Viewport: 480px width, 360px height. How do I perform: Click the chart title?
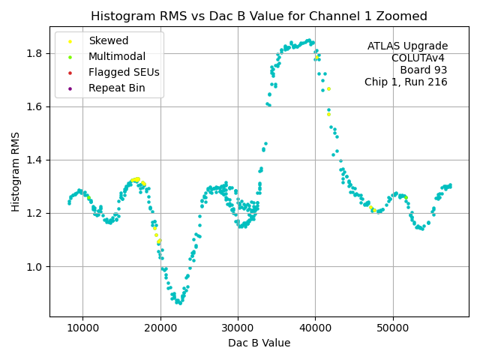coord(259,16)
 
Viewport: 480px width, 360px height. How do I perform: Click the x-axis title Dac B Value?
coord(259,343)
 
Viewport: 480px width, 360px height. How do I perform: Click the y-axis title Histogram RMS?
coord(16,172)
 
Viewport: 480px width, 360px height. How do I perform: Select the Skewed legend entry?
coord(108,41)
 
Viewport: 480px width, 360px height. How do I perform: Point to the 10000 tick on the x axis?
coord(82,327)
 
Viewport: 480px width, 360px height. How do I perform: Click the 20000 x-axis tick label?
coord(160,327)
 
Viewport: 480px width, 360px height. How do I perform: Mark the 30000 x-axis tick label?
coord(238,327)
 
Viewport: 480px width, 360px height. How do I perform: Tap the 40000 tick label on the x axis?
coord(315,327)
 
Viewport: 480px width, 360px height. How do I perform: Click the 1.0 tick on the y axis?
coord(35,267)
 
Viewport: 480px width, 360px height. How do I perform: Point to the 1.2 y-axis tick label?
coord(35,214)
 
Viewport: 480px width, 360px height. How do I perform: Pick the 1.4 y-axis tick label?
coord(35,160)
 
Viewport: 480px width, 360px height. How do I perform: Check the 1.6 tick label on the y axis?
coord(35,106)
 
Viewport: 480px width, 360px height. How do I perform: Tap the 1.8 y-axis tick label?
coord(35,53)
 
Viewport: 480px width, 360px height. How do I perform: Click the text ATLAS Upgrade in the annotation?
coord(407,46)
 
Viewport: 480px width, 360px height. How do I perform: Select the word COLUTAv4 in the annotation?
coord(419,58)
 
